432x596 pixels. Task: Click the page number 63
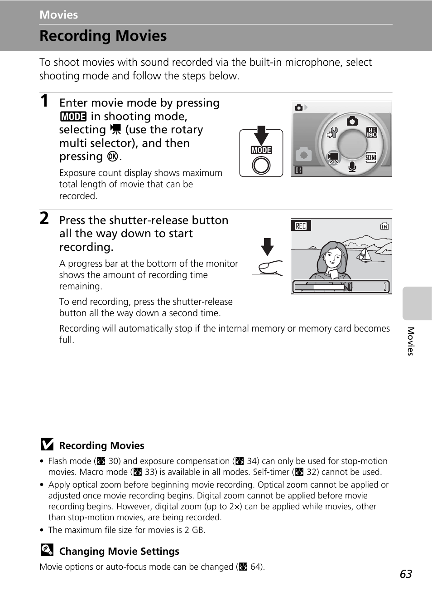pos(406,574)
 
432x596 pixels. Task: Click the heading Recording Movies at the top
pos(103,36)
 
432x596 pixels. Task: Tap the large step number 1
pos(44,101)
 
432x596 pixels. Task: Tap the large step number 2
pos(44,218)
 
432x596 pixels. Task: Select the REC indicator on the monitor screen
pos(301,226)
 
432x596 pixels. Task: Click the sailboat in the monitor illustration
pos(364,255)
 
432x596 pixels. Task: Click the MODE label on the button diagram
pos(261,150)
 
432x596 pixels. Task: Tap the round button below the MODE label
pos(261,165)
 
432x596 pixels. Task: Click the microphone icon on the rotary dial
pos(352,166)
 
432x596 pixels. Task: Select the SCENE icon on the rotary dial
pos(371,157)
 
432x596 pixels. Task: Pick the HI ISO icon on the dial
pos(371,132)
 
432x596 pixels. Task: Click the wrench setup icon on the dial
pos(333,132)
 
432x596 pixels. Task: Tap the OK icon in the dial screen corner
pos(298,171)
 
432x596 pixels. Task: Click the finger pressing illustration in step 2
pos(269,268)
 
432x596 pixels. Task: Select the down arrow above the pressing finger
pos(267,246)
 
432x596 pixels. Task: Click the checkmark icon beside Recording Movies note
pos(47,445)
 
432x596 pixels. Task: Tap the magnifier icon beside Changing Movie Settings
pos(47,550)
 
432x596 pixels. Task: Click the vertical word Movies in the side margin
pos(410,341)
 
